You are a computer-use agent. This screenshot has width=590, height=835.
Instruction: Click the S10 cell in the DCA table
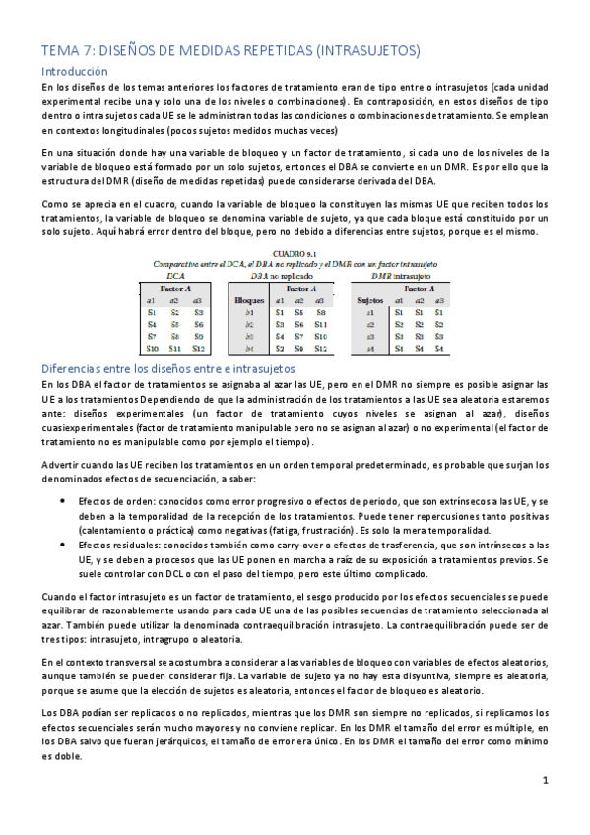coord(151,348)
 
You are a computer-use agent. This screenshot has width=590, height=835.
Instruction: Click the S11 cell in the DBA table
coord(321,324)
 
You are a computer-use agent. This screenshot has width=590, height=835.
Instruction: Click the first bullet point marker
coord(63,500)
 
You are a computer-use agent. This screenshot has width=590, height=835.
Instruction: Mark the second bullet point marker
coord(63,543)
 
